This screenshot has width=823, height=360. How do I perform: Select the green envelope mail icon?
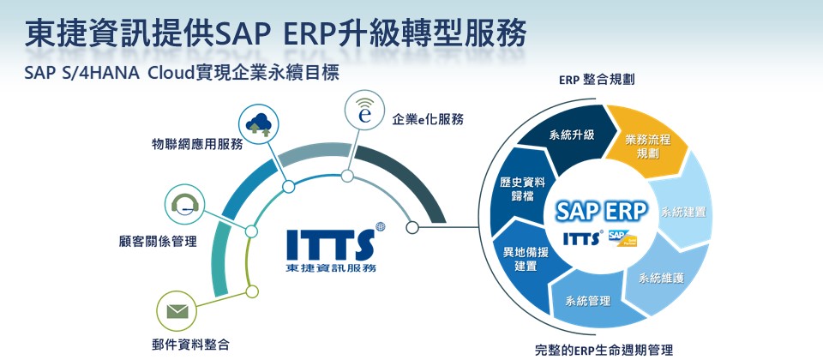pyautogui.click(x=177, y=310)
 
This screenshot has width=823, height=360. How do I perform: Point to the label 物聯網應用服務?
pyautogui.click(x=197, y=144)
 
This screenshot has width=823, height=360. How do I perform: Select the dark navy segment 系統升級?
pyautogui.click(x=572, y=135)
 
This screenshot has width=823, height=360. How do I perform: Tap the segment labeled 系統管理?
pyautogui.click(x=587, y=301)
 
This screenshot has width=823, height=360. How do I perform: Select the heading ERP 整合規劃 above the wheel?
pyautogui.click(x=596, y=80)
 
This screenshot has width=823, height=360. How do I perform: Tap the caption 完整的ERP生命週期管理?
pyautogui.click(x=604, y=349)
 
